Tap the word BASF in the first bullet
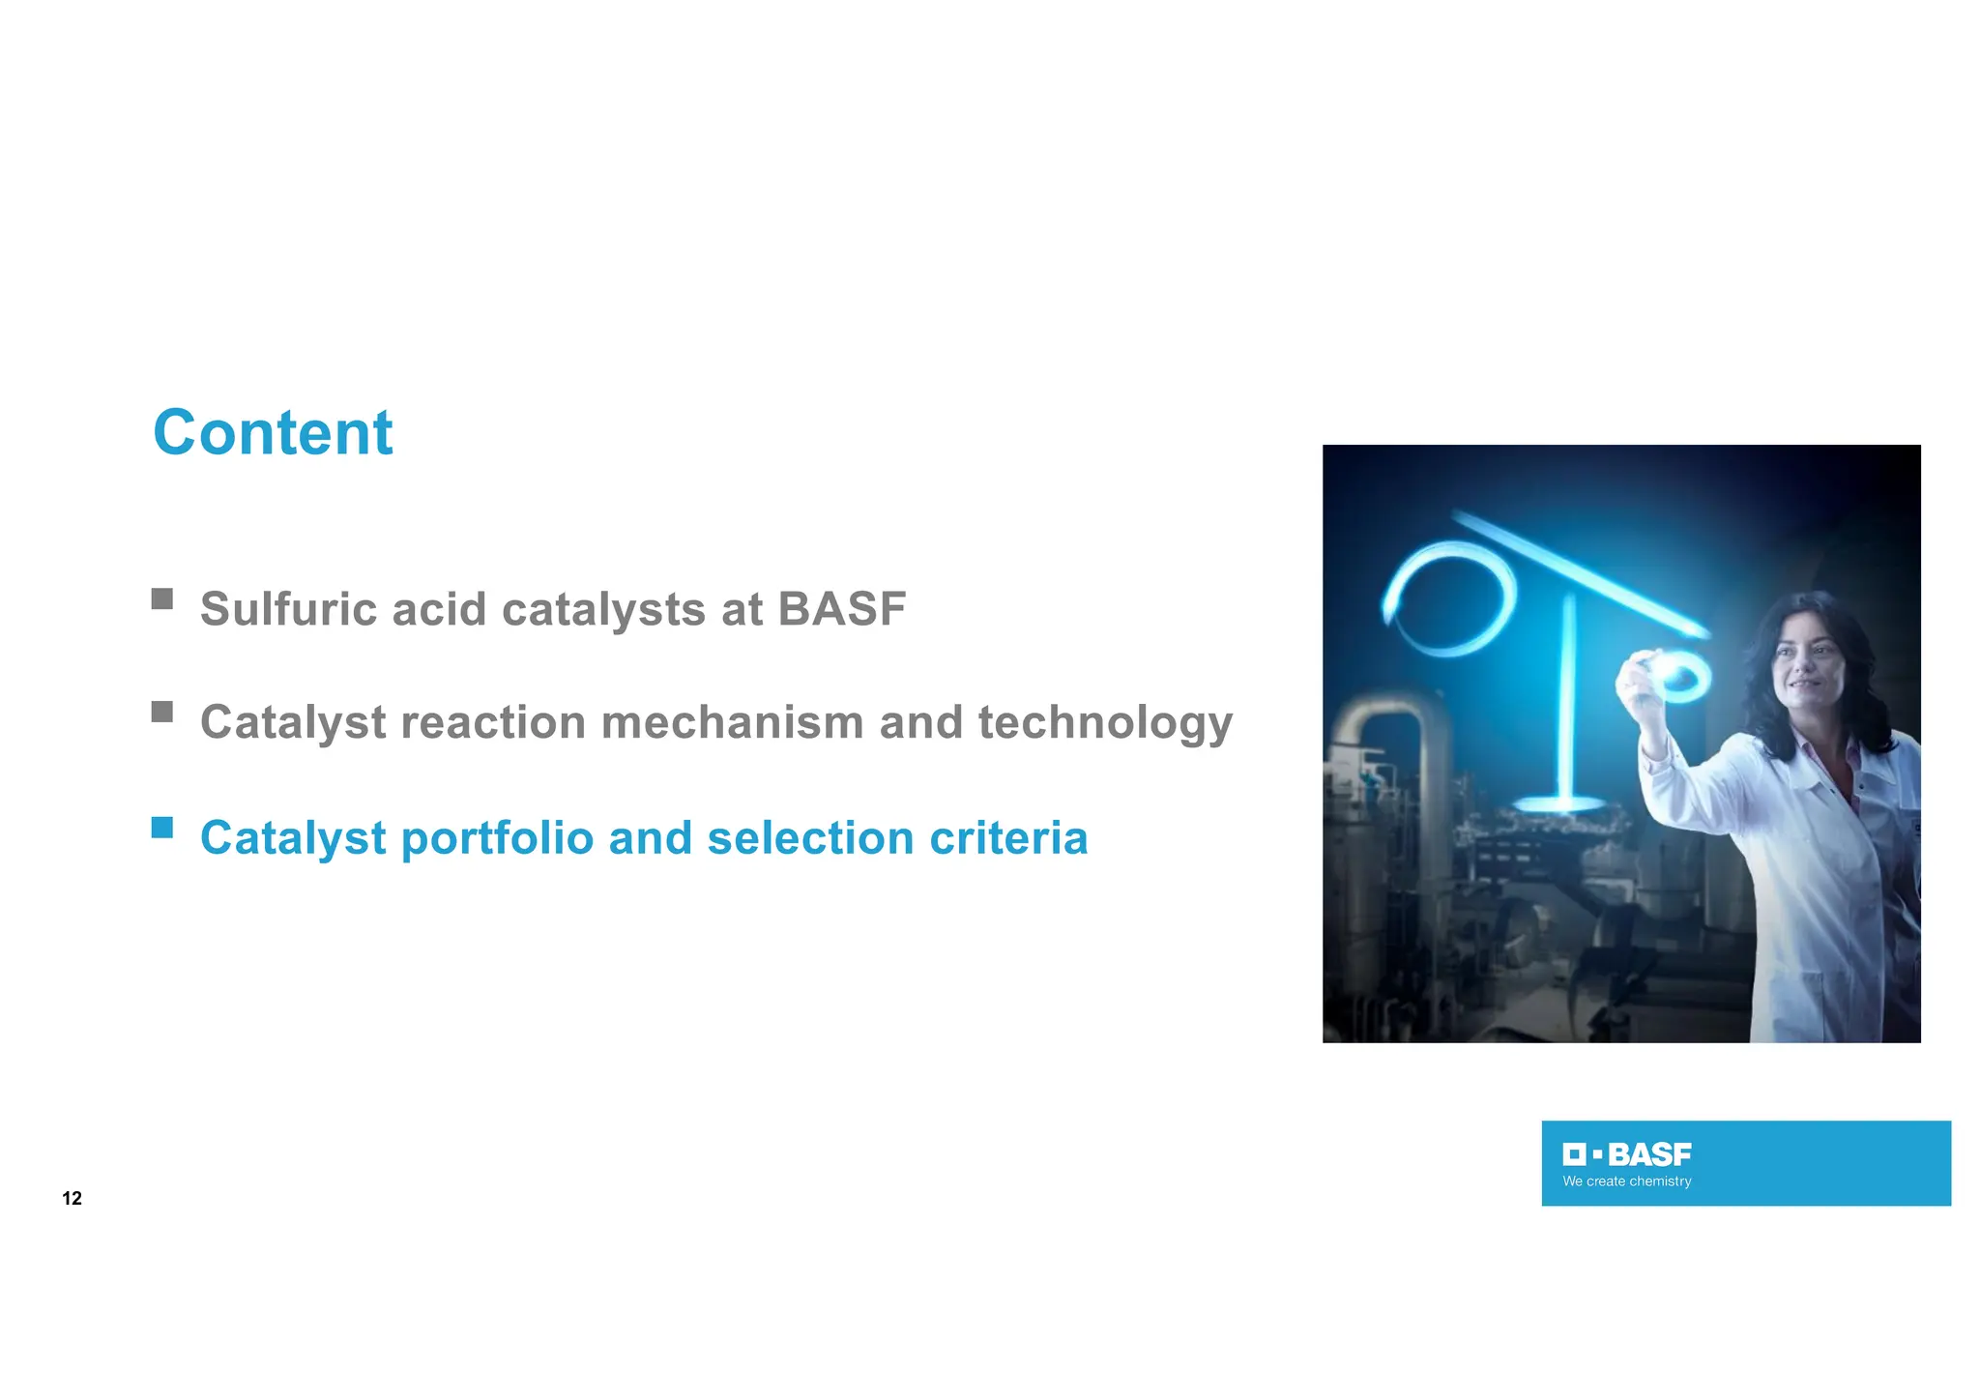point(841,609)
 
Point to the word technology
point(1105,724)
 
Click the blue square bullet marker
point(162,828)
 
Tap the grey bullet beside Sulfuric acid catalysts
point(162,599)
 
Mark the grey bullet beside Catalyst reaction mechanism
point(162,713)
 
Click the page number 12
point(72,1199)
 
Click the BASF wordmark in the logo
point(1649,1154)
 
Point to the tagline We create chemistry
point(1627,1181)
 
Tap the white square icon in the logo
point(1575,1154)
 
